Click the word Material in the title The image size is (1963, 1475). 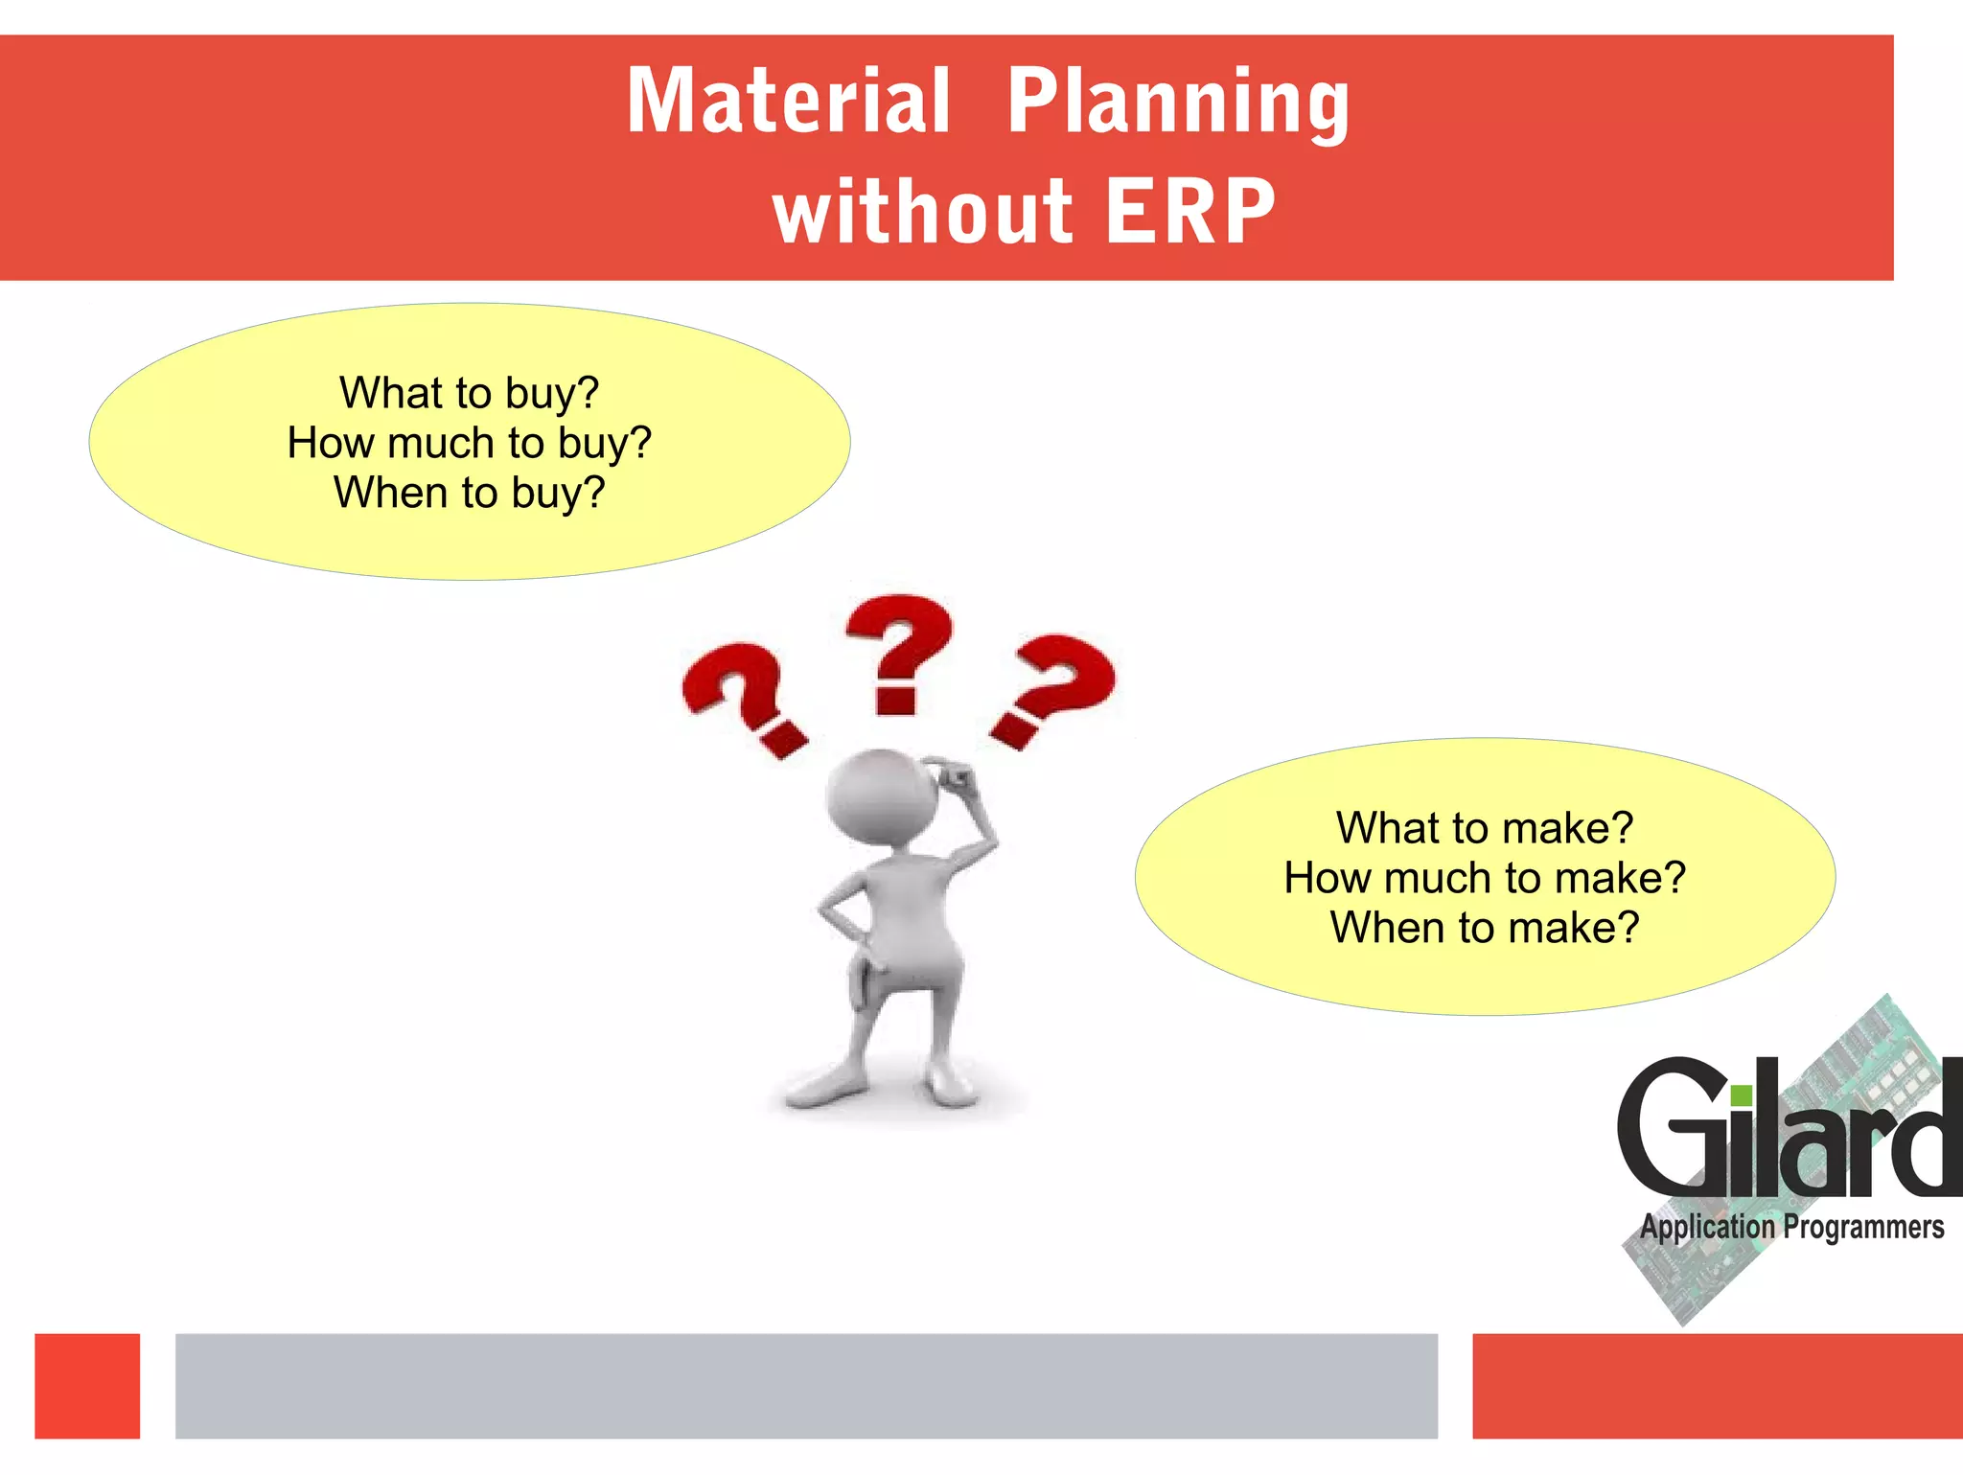[788, 101]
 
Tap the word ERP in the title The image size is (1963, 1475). [1189, 212]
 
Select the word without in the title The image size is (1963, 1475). [922, 212]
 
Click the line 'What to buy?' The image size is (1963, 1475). [469, 393]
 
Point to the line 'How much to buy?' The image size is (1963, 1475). [469, 443]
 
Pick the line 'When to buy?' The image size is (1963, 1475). [469, 493]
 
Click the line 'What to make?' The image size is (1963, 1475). [1484, 828]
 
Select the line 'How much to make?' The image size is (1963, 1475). [1484, 878]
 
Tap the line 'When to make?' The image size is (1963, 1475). [1484, 928]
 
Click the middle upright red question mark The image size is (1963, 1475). [898, 652]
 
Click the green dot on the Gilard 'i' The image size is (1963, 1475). [1742, 1095]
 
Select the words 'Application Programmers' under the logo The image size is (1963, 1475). [1791, 1228]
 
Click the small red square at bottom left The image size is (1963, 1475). [87, 1385]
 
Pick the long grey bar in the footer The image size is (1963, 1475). [806, 1385]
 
